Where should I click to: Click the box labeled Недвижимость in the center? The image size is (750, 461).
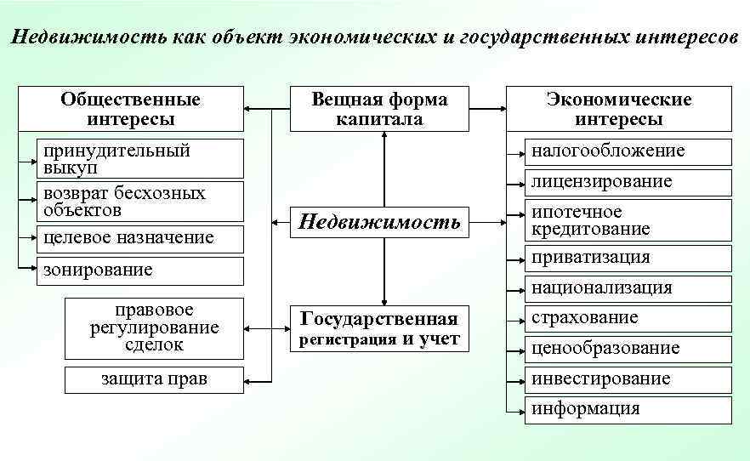coord(380,223)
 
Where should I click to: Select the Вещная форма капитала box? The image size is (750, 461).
coord(379,109)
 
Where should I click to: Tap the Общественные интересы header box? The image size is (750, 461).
coord(130,109)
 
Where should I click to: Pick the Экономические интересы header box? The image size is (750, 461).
coord(618,109)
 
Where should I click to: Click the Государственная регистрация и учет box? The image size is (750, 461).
coord(379,328)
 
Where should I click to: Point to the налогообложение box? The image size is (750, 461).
coord(627,151)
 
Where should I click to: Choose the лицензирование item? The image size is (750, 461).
coord(627,181)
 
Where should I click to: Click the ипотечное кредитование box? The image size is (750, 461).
coord(627,220)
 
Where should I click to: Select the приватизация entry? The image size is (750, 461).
coord(627,257)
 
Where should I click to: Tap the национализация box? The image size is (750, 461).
coord(627,287)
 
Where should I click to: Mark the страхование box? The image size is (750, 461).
coord(627,318)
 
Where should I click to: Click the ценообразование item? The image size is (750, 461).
coord(627,348)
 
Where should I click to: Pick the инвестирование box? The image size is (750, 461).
coord(627,378)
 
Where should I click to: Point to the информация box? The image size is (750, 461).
coord(627,409)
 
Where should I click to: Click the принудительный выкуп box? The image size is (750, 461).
coord(140,159)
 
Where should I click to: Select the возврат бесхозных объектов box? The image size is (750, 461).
coord(140,201)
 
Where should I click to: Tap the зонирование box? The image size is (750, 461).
coord(140,270)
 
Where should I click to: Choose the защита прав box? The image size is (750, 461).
coord(154,378)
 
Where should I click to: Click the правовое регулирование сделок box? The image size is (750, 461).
coord(154,327)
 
